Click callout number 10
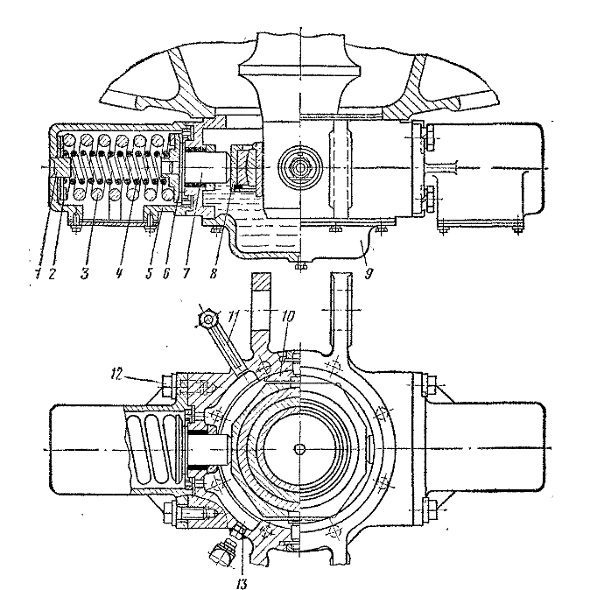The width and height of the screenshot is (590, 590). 287,317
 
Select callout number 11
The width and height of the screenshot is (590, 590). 233,318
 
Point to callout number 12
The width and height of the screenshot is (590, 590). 118,375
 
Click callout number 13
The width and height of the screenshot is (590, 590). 242,584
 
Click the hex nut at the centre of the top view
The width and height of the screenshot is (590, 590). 300,167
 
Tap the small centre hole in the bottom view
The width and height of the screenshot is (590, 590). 300,448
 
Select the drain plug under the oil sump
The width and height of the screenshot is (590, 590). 300,266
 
